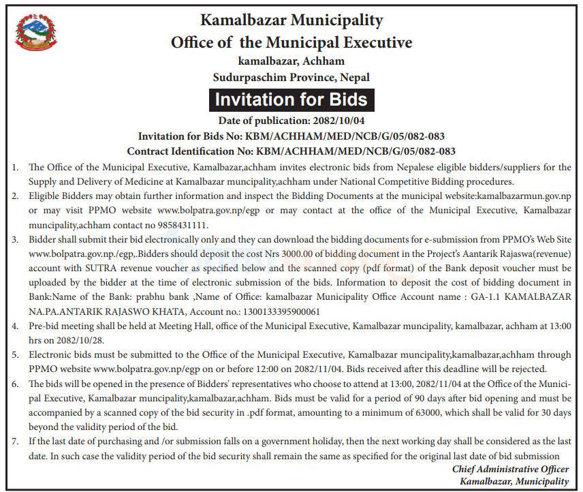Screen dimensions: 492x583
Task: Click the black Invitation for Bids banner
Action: pos(291,100)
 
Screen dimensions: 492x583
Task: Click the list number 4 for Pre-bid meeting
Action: pos(14,327)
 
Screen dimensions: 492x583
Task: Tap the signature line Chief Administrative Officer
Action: pos(510,469)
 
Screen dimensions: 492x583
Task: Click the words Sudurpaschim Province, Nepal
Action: pos(291,77)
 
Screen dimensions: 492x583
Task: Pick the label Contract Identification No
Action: pos(185,151)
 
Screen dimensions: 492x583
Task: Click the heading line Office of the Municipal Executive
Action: pos(291,42)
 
